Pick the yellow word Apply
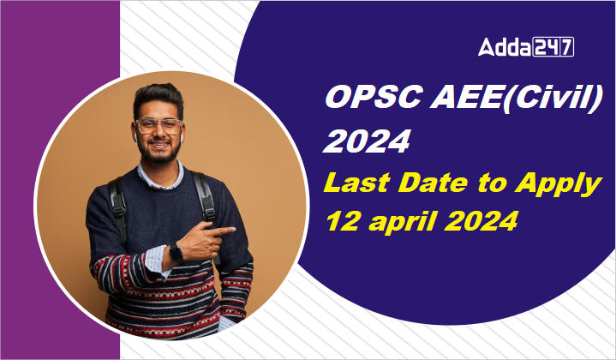(562, 184)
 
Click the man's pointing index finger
(225, 229)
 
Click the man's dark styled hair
(158, 97)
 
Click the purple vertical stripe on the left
(59, 180)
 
